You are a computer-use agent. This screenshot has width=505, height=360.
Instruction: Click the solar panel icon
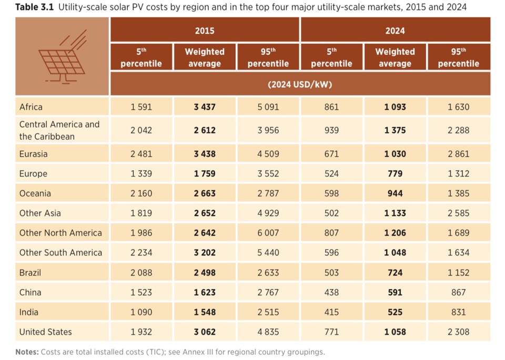click(x=62, y=58)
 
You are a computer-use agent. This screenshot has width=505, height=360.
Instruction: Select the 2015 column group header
click(x=205, y=30)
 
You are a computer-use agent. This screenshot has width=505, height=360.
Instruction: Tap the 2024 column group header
click(x=395, y=30)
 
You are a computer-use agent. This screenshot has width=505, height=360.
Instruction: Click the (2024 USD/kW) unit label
click(x=300, y=84)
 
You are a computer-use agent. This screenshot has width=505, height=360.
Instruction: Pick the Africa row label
click(x=31, y=107)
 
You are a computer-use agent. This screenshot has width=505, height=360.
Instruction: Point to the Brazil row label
click(x=30, y=273)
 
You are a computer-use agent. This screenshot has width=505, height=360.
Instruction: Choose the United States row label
click(x=46, y=332)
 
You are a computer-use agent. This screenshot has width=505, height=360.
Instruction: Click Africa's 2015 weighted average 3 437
click(x=205, y=107)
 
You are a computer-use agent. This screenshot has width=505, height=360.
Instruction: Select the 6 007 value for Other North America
click(x=268, y=233)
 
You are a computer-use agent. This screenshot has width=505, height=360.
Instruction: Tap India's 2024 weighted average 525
click(x=395, y=312)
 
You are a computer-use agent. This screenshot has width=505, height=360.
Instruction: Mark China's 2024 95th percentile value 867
click(x=459, y=292)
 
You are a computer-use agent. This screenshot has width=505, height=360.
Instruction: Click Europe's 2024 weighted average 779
click(x=395, y=173)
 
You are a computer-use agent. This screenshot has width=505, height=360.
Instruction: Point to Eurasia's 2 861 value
click(x=459, y=154)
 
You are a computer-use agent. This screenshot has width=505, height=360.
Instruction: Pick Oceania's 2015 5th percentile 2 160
click(x=141, y=193)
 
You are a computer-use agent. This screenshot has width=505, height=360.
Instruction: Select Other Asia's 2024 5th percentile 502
click(x=331, y=213)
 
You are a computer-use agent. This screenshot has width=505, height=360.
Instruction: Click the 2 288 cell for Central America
click(x=459, y=130)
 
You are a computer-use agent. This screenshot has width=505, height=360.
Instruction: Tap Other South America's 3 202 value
click(x=205, y=252)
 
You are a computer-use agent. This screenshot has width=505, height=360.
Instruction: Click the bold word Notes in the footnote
click(x=27, y=352)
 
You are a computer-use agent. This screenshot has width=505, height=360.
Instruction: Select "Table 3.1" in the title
click(x=35, y=7)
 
